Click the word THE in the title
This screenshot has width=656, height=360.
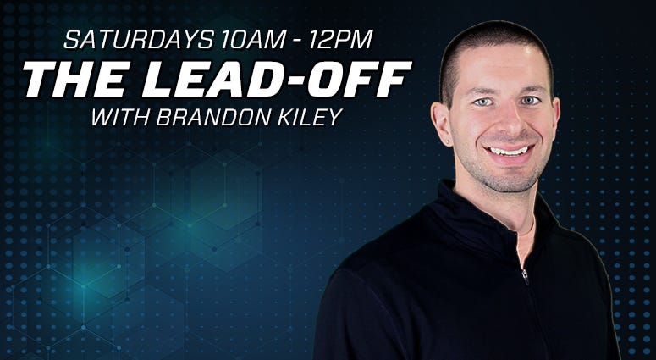coord(74,80)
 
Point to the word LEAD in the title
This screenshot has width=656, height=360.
coord(218,80)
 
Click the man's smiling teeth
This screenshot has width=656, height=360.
coord(509,151)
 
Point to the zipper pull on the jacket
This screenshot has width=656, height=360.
coord(525,276)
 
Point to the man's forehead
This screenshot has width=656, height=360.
coord(498,67)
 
